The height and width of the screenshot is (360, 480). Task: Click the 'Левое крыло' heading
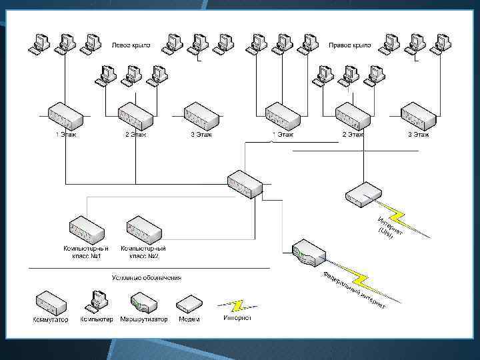pos(131,45)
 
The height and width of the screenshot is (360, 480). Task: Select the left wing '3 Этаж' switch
pos(201,116)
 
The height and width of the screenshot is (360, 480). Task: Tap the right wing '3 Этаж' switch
pos(418,116)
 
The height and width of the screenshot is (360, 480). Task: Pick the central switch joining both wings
pos(245,183)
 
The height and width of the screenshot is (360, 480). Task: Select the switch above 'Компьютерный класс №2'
pos(144,229)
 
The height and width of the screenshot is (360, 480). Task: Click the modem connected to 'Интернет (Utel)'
pos(364,194)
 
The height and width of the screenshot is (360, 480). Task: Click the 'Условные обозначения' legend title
pos(147,277)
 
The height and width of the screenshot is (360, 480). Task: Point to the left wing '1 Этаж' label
pos(66,135)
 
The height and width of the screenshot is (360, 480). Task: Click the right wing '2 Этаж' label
pos(353,135)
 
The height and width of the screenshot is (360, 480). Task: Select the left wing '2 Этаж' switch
pos(135,116)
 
